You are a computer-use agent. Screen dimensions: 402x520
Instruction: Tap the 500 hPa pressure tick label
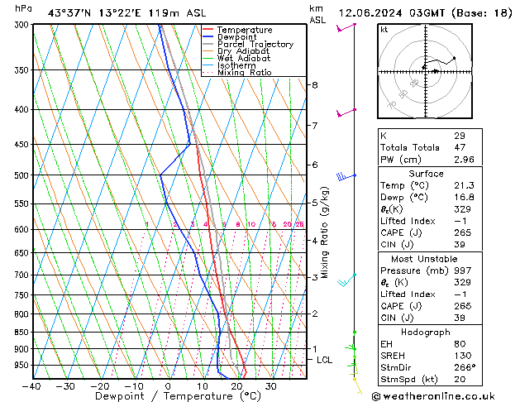[21, 175]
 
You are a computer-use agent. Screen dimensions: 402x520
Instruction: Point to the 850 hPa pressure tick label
[21, 333]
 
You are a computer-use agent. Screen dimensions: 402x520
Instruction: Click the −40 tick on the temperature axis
[31, 385]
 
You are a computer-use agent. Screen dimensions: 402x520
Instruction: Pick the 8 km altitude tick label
[314, 85]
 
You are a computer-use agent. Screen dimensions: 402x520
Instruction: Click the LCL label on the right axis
[324, 360]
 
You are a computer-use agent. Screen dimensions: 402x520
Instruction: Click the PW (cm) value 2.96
[464, 159]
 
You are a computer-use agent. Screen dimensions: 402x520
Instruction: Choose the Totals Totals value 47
[459, 146]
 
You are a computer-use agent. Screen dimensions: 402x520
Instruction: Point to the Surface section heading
[426, 174]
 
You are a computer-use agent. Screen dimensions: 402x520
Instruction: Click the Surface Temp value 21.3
[463, 186]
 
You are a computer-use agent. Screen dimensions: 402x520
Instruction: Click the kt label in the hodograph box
[384, 29]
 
